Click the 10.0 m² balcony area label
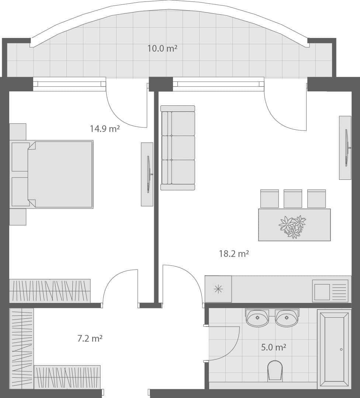pyautogui.click(x=162, y=48)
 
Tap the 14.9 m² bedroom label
pyautogui.click(x=105, y=129)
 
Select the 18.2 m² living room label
pyautogui.click(x=234, y=254)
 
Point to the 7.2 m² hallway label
pyautogui.click(x=90, y=338)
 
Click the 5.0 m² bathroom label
pyautogui.click(x=274, y=347)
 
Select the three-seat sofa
pyautogui.click(x=178, y=148)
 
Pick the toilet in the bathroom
pyautogui.click(x=275, y=370)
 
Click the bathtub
pyautogui.click(x=334, y=348)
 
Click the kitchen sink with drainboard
pyautogui.click(x=330, y=291)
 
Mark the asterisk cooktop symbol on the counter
pyautogui.click(x=218, y=289)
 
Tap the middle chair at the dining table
pyautogui.click(x=293, y=199)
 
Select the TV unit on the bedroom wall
pyautogui.click(x=147, y=174)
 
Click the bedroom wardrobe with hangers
pyautogui.click(x=50, y=291)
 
